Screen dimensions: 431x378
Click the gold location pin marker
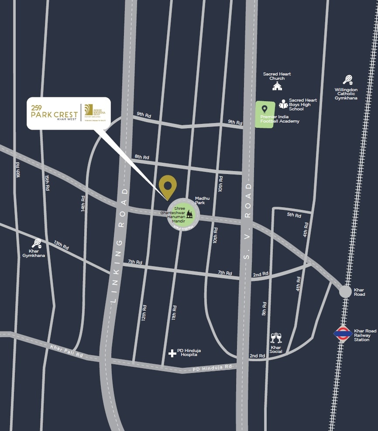(167, 187)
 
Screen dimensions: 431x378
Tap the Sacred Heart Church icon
(277, 86)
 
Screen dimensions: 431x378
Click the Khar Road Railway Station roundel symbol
(343, 334)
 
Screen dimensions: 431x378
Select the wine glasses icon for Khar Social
(276, 338)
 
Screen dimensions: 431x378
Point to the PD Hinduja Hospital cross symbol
(172, 353)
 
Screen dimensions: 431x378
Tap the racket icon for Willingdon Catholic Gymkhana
(347, 80)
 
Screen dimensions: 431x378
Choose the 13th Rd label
(61, 246)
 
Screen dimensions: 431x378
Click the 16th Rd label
(18, 170)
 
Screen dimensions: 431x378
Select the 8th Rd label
(142, 157)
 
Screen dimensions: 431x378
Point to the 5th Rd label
(294, 215)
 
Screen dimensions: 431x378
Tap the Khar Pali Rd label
(66, 351)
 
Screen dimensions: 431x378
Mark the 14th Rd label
(83, 203)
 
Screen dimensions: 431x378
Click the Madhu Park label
(202, 200)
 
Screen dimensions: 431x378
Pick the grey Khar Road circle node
(345, 291)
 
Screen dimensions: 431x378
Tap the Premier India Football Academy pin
(264, 109)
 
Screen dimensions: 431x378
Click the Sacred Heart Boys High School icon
(283, 104)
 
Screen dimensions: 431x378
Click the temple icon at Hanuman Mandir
(189, 214)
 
